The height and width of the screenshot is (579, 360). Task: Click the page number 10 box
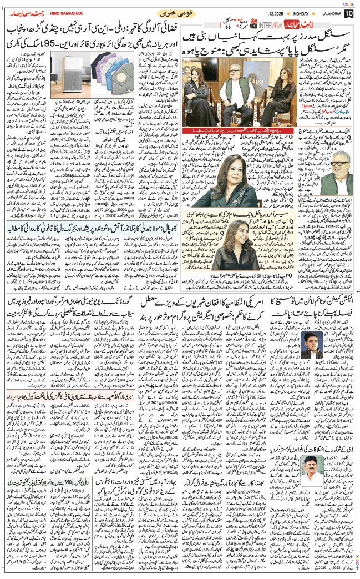[x=348, y=13]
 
